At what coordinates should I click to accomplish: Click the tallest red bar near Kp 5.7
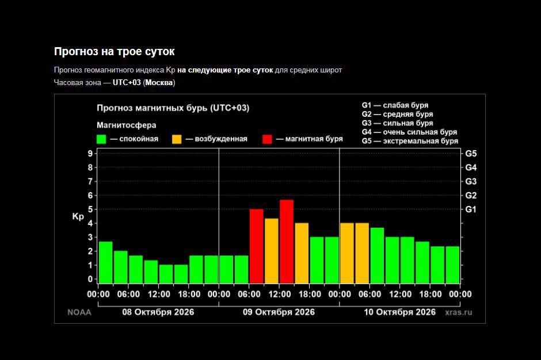click(x=287, y=242)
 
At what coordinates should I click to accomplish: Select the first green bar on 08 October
click(x=105, y=262)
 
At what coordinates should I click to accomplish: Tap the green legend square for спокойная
click(x=101, y=139)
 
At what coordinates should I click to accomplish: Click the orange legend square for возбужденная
click(x=177, y=139)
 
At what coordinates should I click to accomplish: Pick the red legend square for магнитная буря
click(x=267, y=139)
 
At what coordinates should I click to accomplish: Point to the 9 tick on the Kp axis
click(x=90, y=154)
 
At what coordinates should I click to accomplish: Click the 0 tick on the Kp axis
click(x=90, y=279)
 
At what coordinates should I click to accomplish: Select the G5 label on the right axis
click(x=471, y=154)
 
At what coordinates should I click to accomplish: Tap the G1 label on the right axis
click(x=471, y=209)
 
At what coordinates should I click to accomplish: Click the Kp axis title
click(x=78, y=217)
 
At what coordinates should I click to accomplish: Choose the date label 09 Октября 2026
click(x=279, y=312)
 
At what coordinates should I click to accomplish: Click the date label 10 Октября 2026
click(x=400, y=312)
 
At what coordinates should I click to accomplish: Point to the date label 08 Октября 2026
click(x=158, y=312)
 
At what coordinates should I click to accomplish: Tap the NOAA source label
click(x=79, y=312)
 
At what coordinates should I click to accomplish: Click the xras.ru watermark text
click(x=459, y=312)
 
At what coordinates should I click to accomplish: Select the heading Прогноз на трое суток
click(x=114, y=51)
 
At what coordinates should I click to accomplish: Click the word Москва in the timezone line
click(x=159, y=82)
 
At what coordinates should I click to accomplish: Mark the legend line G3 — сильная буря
click(x=398, y=123)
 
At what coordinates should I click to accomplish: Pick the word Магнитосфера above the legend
click(x=126, y=125)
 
